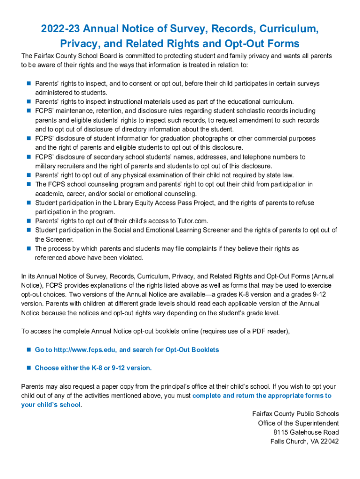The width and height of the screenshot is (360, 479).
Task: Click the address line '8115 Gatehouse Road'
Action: coord(306,432)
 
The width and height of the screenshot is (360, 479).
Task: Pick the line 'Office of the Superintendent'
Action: coord(298,423)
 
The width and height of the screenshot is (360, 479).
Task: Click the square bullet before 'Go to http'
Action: coord(29,349)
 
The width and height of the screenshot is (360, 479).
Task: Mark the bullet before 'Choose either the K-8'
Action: coord(29,368)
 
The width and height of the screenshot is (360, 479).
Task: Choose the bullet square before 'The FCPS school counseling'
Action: coord(29,184)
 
